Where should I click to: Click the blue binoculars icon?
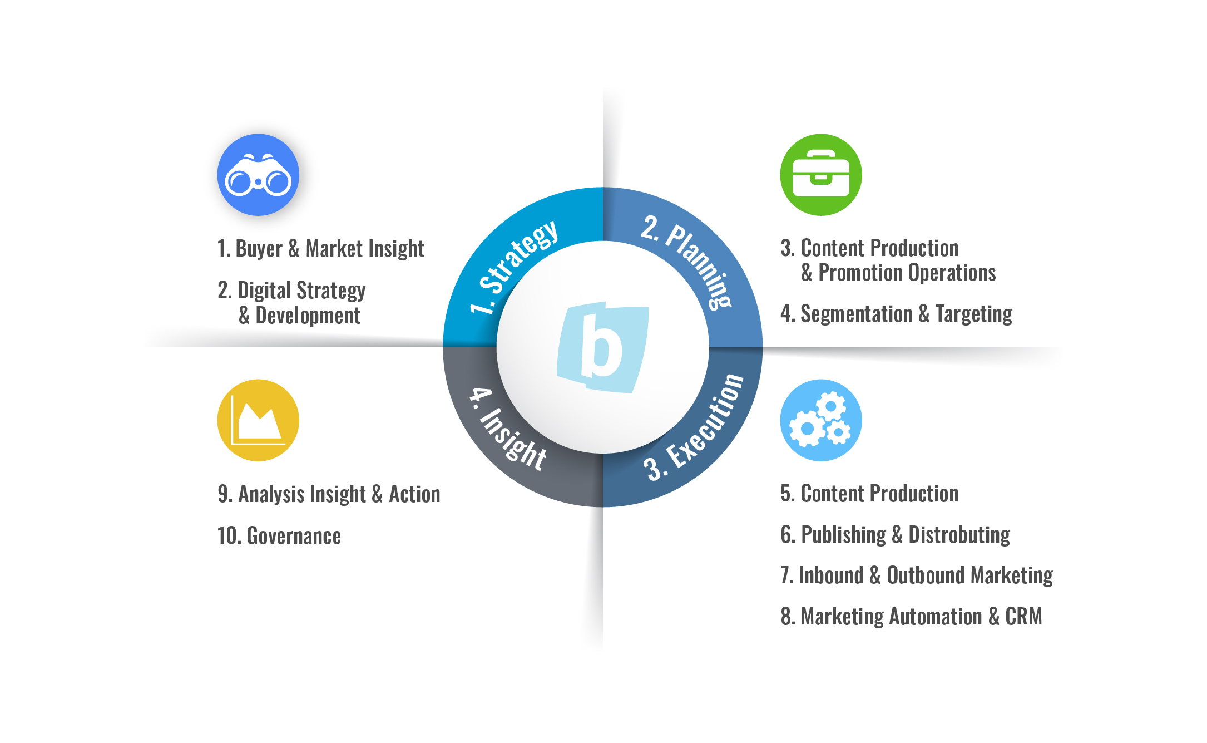click(x=258, y=175)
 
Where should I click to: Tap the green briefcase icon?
click(x=820, y=175)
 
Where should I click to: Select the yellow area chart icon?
click(x=258, y=420)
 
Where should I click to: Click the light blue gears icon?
click(x=820, y=420)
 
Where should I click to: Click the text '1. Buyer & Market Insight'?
click(x=320, y=249)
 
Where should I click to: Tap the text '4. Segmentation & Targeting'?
click(x=896, y=314)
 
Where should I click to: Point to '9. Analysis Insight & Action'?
click(x=329, y=494)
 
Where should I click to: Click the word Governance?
click(x=294, y=536)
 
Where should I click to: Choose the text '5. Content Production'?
click(x=869, y=494)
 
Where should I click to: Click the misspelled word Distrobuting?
click(x=959, y=535)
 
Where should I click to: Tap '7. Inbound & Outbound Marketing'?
click(x=916, y=575)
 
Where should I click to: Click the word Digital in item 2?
click(x=264, y=291)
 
